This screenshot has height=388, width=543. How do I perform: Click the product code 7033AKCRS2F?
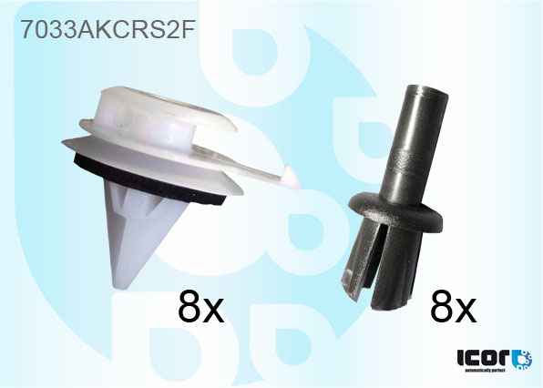pos(108,30)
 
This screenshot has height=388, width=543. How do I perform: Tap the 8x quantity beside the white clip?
pos(201,310)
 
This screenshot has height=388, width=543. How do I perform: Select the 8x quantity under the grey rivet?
pos(453,310)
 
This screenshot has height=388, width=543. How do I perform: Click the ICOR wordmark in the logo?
pos(482,357)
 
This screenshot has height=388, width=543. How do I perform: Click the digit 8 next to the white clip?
pos(190,310)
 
